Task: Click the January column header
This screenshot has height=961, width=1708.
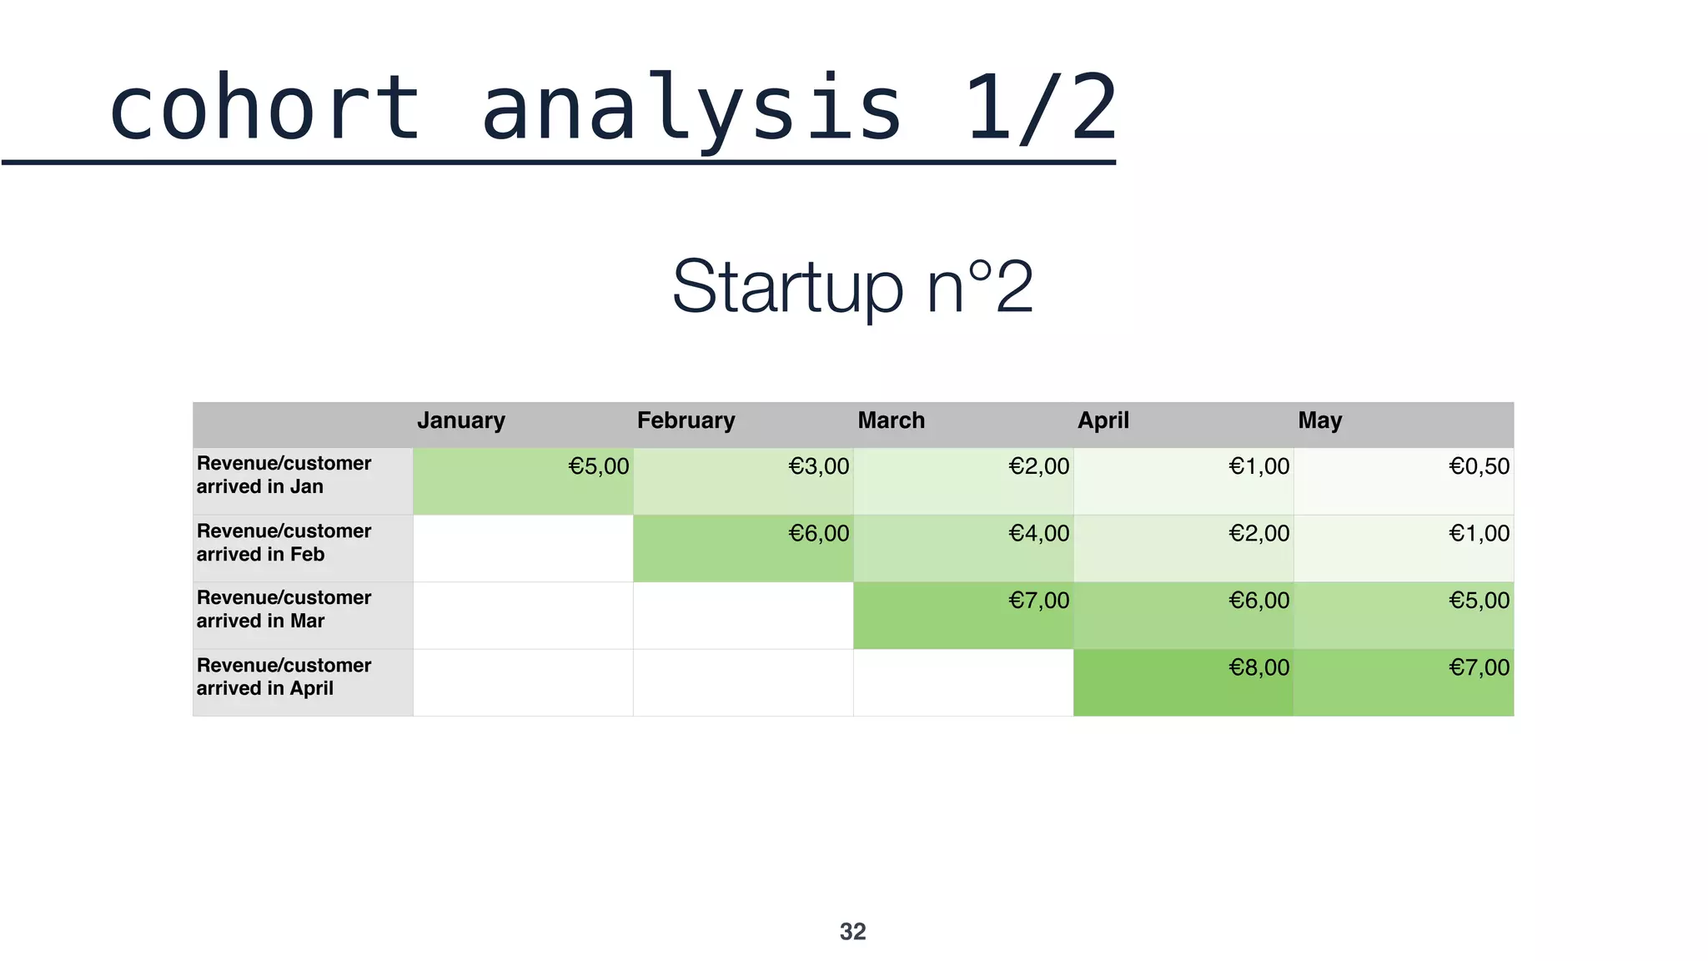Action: coord(461,420)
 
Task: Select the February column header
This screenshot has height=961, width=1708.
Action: coord(686,420)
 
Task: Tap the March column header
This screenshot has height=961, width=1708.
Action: coord(891,420)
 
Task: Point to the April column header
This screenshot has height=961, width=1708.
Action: coord(1103,420)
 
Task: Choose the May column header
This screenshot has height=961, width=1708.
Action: coord(1319,420)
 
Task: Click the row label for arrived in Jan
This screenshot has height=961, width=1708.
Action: coord(284,475)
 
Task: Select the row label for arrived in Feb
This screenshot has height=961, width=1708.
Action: coord(284,543)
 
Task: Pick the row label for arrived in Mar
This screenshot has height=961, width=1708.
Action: coord(284,610)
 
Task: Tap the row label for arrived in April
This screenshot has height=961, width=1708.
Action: coord(284,677)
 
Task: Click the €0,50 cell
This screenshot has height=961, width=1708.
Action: coord(1404,480)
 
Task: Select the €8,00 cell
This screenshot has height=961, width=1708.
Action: coord(1183,682)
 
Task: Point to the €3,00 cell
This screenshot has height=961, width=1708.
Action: coord(743,480)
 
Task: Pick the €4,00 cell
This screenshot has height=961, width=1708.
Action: coord(963,548)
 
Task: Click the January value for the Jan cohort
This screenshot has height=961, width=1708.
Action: coord(523,480)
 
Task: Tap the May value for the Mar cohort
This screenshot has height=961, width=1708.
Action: coord(1404,616)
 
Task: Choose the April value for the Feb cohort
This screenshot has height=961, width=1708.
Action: coord(1183,548)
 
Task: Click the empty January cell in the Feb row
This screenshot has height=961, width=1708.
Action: coord(523,548)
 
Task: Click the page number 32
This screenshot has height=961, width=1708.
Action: coord(852,932)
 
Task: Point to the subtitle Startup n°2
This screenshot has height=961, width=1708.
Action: coord(852,287)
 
